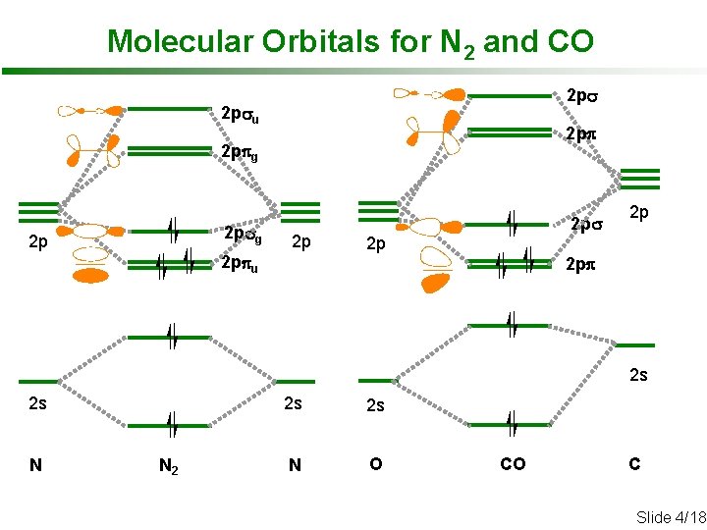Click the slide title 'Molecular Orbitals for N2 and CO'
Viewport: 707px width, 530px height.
tap(350, 42)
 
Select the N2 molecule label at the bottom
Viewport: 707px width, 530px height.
tap(169, 465)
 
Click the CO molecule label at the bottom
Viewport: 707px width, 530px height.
tap(513, 464)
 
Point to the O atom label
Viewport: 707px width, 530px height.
tap(375, 464)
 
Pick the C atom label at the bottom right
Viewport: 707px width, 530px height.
tap(634, 464)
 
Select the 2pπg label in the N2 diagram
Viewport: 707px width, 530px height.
tap(240, 153)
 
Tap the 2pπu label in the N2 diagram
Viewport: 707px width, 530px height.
tap(241, 264)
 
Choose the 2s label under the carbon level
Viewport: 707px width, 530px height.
tap(638, 374)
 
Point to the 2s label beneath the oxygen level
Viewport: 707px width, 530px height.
tap(375, 404)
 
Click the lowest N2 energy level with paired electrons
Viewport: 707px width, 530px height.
tap(170, 425)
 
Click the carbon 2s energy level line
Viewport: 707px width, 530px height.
tap(634, 344)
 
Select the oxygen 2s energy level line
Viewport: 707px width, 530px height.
tap(376, 380)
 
